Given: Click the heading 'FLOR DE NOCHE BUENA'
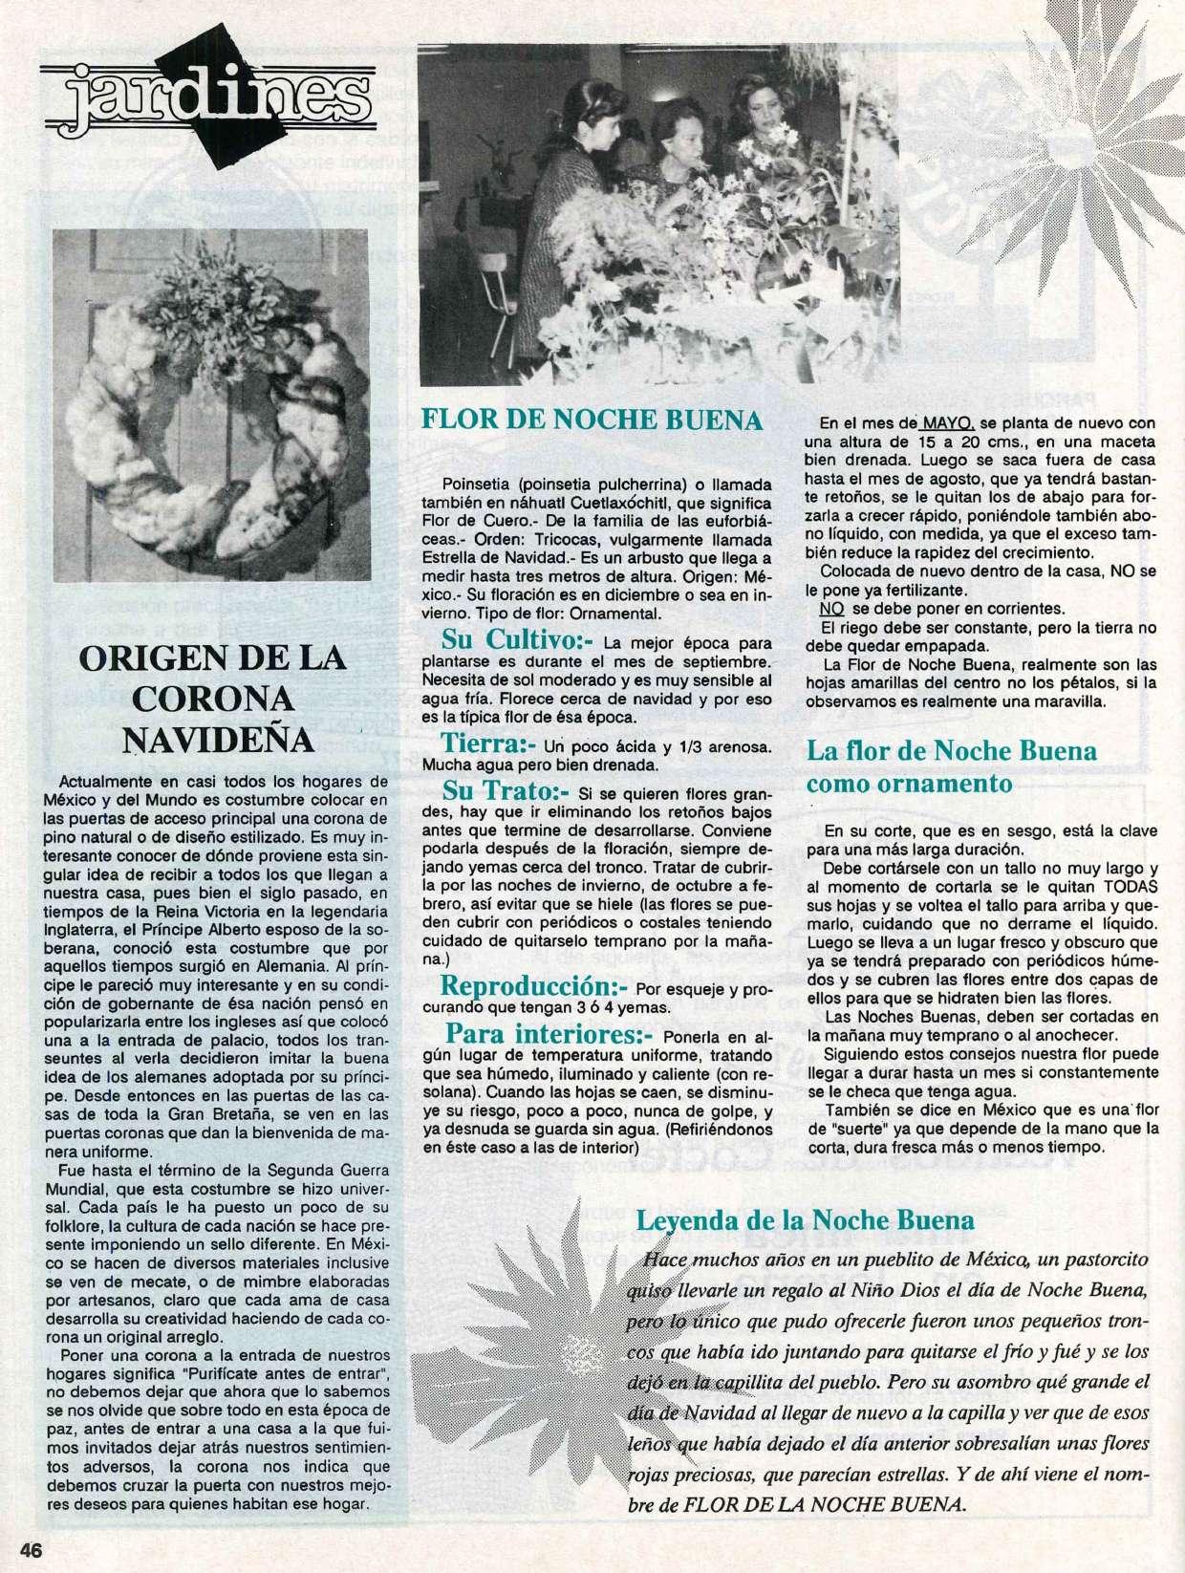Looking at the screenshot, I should click(x=592, y=420).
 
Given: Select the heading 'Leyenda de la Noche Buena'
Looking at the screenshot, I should click(x=806, y=1220).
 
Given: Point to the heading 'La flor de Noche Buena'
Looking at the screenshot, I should click(x=952, y=750).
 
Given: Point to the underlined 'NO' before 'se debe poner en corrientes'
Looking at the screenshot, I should click(x=828, y=609).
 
